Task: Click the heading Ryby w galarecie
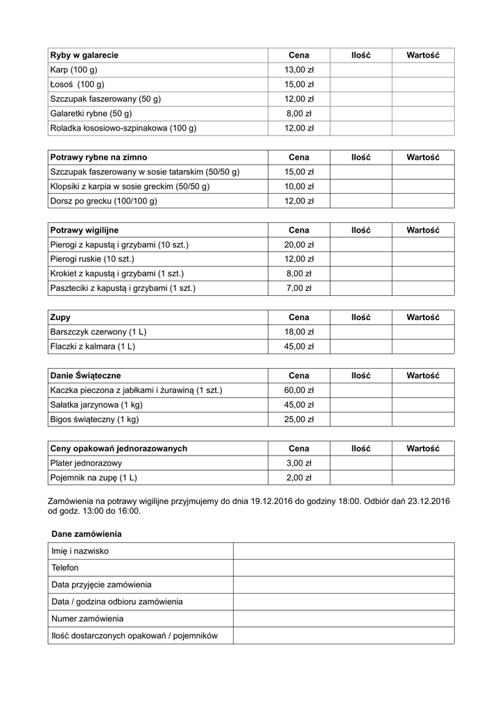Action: click(x=84, y=55)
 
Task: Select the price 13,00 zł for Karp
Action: click(x=299, y=69)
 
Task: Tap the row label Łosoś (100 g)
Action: click(x=77, y=84)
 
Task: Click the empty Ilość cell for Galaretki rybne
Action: click(x=361, y=113)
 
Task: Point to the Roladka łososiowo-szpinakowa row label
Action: click(x=123, y=128)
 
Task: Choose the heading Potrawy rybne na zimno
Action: click(x=98, y=158)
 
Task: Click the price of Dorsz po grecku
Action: click(x=299, y=201)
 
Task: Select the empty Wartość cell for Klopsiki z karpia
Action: click(x=423, y=187)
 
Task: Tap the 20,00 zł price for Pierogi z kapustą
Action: click(x=299, y=245)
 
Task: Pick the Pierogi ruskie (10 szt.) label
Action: click(x=92, y=259)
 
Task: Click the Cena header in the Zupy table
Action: click(x=299, y=317)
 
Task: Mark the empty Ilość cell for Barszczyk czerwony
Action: click(x=361, y=332)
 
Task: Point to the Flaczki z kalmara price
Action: click(x=299, y=346)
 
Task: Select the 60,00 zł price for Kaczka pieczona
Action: click(x=299, y=390)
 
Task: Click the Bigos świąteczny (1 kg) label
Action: click(x=94, y=419)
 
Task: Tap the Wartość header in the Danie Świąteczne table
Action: click(x=423, y=376)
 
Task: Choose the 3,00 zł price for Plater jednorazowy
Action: click(x=299, y=463)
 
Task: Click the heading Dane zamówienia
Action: click(x=87, y=534)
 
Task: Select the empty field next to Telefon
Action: click(x=343, y=568)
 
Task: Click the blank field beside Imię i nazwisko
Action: click(x=343, y=551)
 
